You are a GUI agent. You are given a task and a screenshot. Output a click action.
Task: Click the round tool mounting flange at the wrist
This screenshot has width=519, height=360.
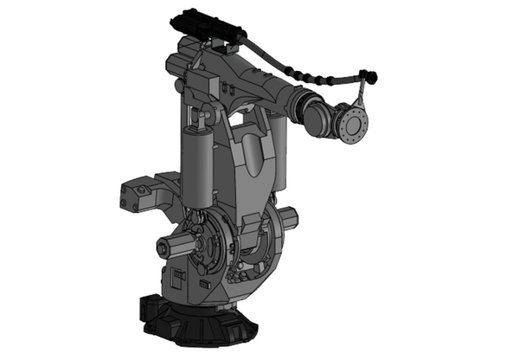(352, 123)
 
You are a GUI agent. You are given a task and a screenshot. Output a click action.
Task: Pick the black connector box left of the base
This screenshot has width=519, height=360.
(148, 307)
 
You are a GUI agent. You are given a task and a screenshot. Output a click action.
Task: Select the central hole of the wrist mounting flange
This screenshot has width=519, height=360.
(353, 123)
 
